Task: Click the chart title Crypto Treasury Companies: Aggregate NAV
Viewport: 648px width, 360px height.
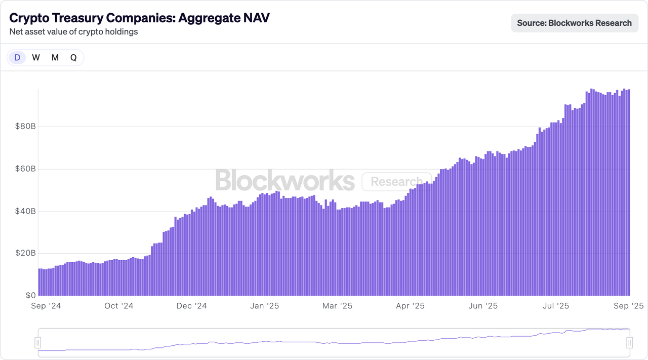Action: pos(139,18)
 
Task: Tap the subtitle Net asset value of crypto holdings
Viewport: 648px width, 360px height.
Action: pos(73,32)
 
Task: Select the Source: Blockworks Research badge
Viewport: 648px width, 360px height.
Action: pos(574,23)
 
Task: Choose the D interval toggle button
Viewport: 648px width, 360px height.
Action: pos(17,58)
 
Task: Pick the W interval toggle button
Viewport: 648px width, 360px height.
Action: pos(36,58)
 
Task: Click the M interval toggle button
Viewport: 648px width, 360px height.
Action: pos(55,58)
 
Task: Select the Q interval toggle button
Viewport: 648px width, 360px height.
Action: pos(73,58)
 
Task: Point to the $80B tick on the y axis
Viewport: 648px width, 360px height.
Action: pos(25,127)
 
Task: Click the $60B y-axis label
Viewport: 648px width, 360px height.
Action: pos(25,169)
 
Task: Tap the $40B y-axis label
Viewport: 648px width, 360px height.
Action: pos(25,211)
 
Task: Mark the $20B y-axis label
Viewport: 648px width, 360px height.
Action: pos(25,253)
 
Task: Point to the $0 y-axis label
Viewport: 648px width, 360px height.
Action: pos(31,295)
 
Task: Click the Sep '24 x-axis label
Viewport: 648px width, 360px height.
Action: pos(46,306)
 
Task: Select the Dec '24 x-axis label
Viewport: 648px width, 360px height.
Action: pos(192,306)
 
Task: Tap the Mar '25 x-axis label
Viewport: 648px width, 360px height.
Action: pos(338,306)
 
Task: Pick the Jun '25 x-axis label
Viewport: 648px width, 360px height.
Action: pos(483,306)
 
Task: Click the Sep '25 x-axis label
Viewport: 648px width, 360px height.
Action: pos(628,306)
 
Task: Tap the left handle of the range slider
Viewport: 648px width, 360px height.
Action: pos(37,343)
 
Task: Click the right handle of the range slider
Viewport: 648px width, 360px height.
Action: pos(630,343)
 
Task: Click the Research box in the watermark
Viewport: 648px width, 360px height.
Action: pos(396,182)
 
